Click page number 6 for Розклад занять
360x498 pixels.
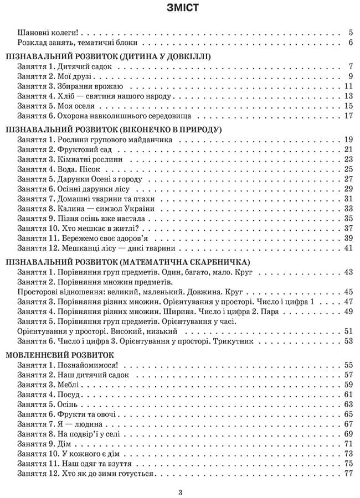click(351, 42)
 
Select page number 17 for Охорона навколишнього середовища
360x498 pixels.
click(348, 116)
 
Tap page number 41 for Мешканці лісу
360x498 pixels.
click(348, 248)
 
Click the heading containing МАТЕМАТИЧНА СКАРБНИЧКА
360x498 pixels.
click(127, 262)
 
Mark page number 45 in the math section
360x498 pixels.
click(348, 292)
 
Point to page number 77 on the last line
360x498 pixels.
click(348, 474)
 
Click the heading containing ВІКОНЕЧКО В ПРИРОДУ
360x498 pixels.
click(113, 129)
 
